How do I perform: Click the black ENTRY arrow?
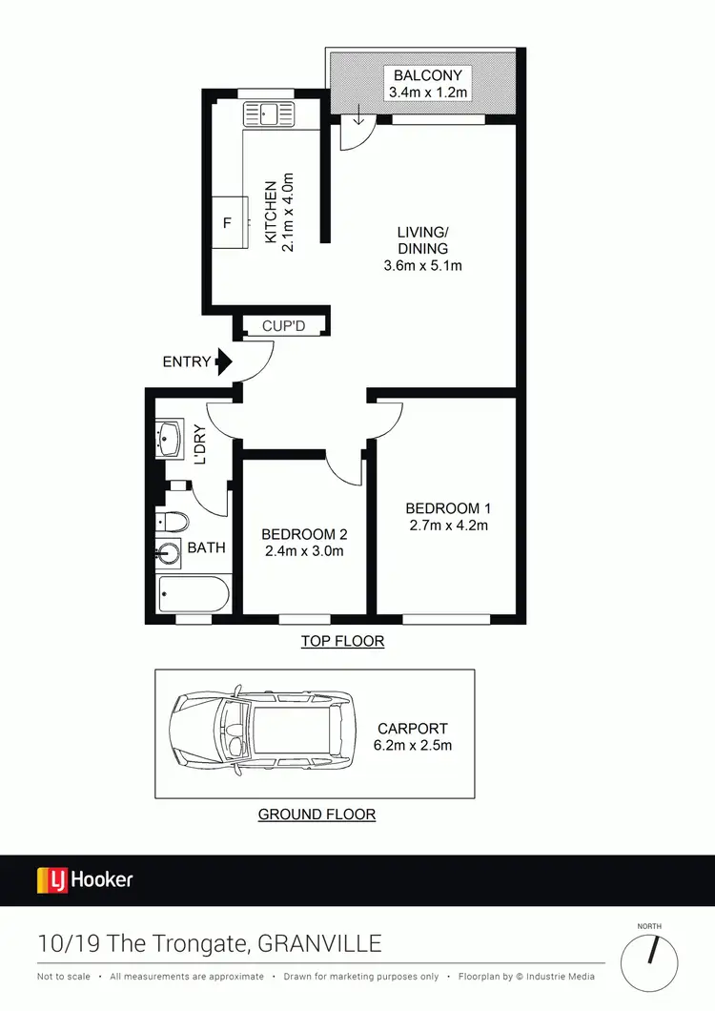coord(224,361)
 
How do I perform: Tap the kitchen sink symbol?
coord(270,114)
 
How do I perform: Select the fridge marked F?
coord(227,223)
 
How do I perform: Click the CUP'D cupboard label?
coord(282,326)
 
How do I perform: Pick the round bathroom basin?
coord(171,552)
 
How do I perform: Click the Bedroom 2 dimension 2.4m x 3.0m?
coord(302,550)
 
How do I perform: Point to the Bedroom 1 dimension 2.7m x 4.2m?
coord(447,525)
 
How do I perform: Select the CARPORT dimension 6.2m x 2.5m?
coord(413,745)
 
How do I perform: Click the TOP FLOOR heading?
coord(342,641)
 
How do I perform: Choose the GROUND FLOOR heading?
coord(317,815)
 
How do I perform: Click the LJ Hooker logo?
coord(85,879)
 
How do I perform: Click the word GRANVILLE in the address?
coord(319,944)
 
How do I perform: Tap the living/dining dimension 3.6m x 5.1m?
coord(422,266)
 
